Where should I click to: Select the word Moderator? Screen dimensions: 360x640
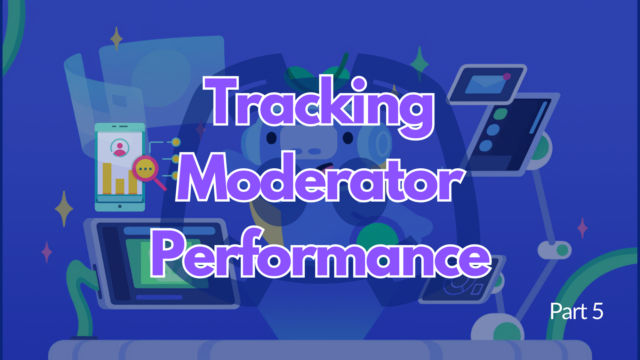(x=320, y=179)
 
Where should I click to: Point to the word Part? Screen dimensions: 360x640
(x=569, y=311)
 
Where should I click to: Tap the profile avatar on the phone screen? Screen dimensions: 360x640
(x=120, y=148)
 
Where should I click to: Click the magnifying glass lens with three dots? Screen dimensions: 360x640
(x=145, y=169)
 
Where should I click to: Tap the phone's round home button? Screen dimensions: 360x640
(x=120, y=206)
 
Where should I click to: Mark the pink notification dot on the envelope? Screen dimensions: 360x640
(x=507, y=76)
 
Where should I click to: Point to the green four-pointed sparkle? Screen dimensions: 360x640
(x=419, y=64)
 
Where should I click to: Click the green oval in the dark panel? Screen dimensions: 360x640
(x=500, y=114)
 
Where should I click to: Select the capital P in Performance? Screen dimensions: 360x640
(x=166, y=254)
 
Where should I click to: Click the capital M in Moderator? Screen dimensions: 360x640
(x=205, y=179)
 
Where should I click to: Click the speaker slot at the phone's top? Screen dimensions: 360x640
(x=120, y=126)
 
